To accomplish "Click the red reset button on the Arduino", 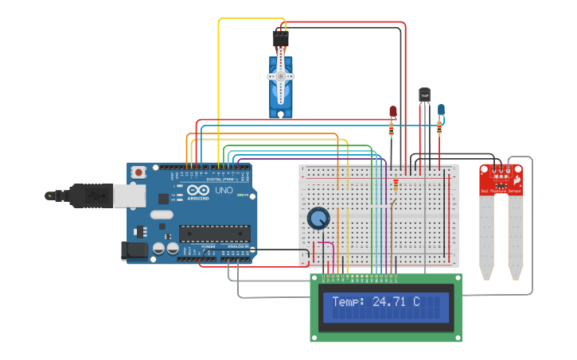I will tap(139, 172).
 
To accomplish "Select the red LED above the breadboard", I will tap(392, 112).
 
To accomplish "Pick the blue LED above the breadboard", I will tap(442, 110).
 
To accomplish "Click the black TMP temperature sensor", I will tap(424, 95).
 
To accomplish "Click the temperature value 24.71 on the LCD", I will tap(396, 302).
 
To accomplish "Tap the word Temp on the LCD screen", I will tap(347, 302).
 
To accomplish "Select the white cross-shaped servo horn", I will tap(281, 76).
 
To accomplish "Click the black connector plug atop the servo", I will tap(280, 37).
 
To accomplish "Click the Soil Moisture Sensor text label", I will tap(501, 191).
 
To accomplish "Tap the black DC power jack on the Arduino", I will tap(134, 250).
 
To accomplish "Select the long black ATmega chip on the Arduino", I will tap(214, 233).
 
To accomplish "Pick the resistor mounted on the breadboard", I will tap(396, 186).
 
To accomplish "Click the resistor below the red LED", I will tap(392, 128).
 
